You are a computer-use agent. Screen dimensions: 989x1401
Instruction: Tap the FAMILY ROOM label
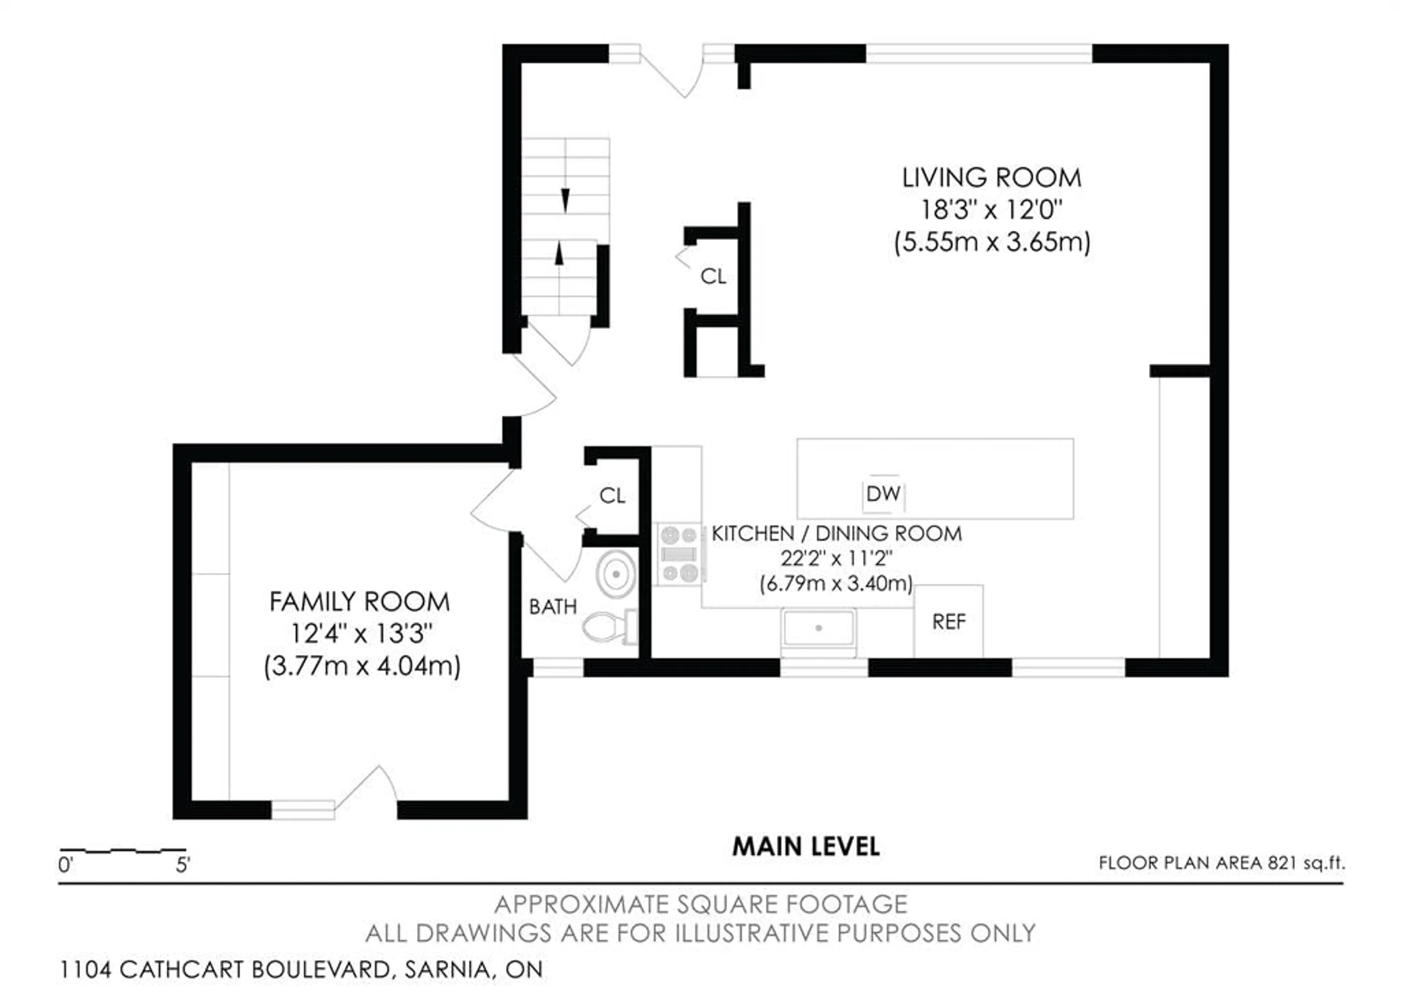click(x=359, y=602)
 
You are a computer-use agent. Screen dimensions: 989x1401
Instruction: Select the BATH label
click(x=553, y=607)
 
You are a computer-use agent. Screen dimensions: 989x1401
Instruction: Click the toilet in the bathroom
click(x=607, y=627)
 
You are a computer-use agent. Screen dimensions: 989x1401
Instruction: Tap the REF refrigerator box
click(x=948, y=622)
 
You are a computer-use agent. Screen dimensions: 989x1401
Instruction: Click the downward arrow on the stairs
click(x=565, y=200)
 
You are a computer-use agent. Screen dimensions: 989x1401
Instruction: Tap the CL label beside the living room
click(x=713, y=277)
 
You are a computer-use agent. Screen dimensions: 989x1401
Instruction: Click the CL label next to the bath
click(x=612, y=495)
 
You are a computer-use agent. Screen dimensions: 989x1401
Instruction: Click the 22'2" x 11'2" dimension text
click(x=836, y=558)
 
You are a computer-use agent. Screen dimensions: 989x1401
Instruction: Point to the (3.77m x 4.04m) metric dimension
click(x=362, y=666)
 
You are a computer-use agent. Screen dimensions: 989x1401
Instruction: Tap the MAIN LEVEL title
click(x=806, y=846)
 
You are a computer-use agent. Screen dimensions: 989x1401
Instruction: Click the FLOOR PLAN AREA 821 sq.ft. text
click(x=1221, y=863)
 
